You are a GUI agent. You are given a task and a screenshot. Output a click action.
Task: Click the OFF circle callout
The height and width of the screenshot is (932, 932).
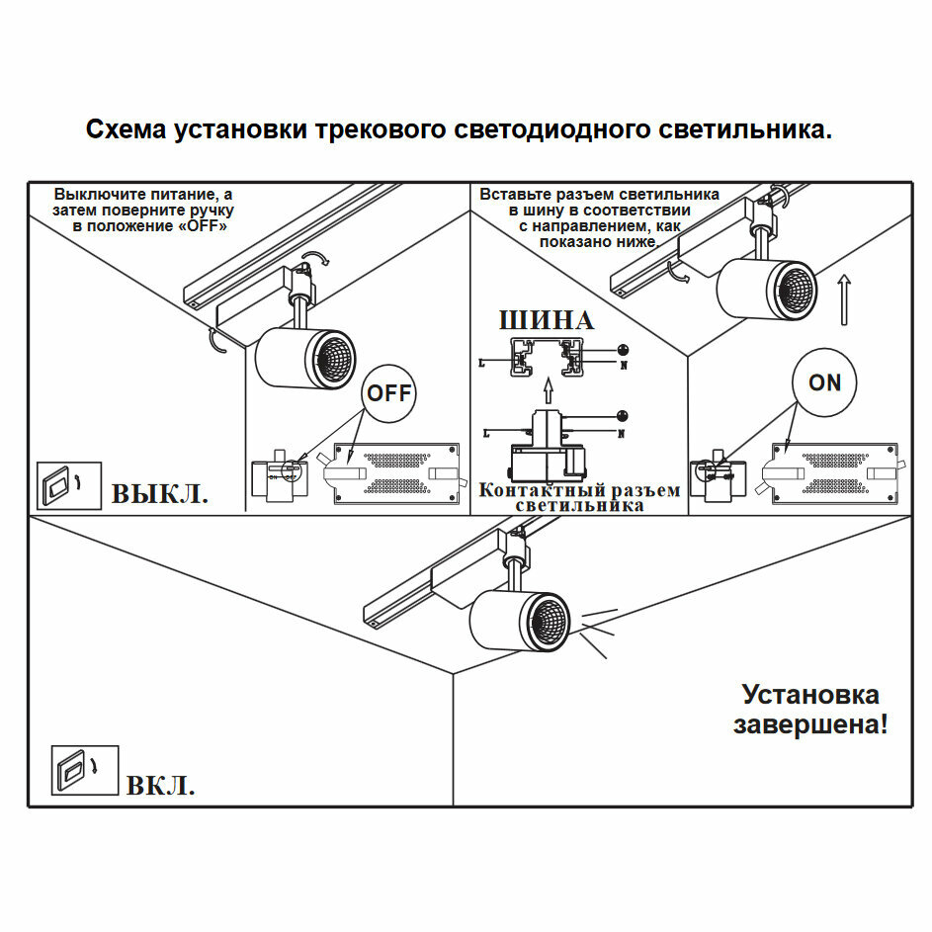coord(388,392)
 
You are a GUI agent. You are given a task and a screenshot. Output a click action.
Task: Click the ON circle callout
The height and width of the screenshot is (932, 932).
coord(824,382)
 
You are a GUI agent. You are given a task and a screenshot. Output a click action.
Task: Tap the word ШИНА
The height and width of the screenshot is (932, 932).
coord(546,320)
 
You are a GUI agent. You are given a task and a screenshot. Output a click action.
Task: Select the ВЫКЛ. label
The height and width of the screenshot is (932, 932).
coord(159,493)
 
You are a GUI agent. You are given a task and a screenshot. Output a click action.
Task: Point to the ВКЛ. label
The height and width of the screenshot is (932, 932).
coord(160,786)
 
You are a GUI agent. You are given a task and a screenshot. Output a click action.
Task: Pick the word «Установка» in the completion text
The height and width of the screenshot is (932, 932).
coord(810,694)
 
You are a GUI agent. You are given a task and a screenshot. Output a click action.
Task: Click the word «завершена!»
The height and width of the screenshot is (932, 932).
coord(810,724)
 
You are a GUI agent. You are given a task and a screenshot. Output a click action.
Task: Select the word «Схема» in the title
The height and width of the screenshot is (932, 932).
coord(126,130)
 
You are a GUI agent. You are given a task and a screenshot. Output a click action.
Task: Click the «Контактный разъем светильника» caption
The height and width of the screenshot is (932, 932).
coord(579,497)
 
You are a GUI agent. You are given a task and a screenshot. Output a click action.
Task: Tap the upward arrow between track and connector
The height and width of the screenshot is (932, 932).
coord(545,392)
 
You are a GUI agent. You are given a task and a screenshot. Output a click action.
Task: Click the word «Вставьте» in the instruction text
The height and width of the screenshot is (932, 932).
coord(511,195)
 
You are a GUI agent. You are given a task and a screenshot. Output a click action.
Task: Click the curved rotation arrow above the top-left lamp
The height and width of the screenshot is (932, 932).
coord(316,258)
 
